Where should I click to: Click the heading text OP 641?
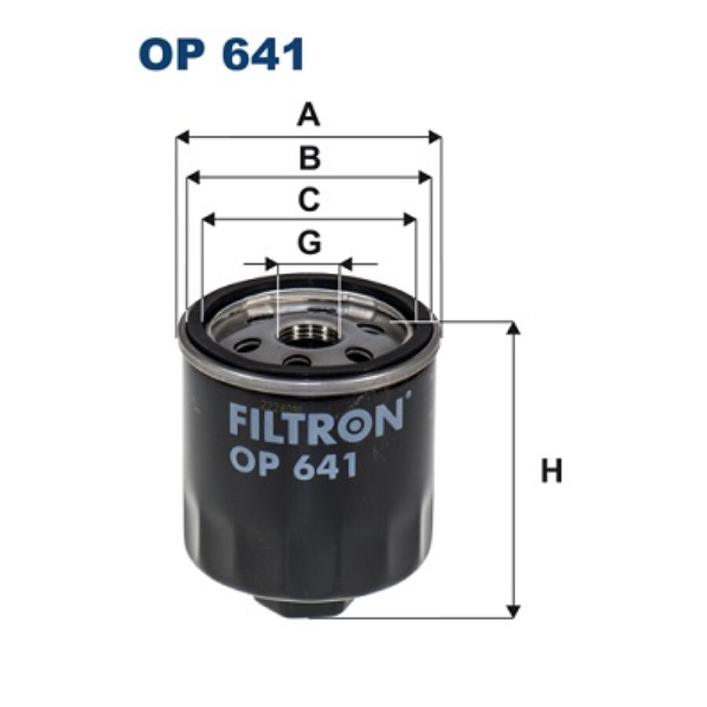222,56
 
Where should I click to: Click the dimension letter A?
309,117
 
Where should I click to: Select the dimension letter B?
310,159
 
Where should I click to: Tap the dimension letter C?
309,200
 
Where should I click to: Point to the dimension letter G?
310,243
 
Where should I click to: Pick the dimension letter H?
552,471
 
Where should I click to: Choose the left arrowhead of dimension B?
192,178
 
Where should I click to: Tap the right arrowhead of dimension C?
409,220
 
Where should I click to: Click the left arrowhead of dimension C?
208,220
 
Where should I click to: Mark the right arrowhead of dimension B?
425,178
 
